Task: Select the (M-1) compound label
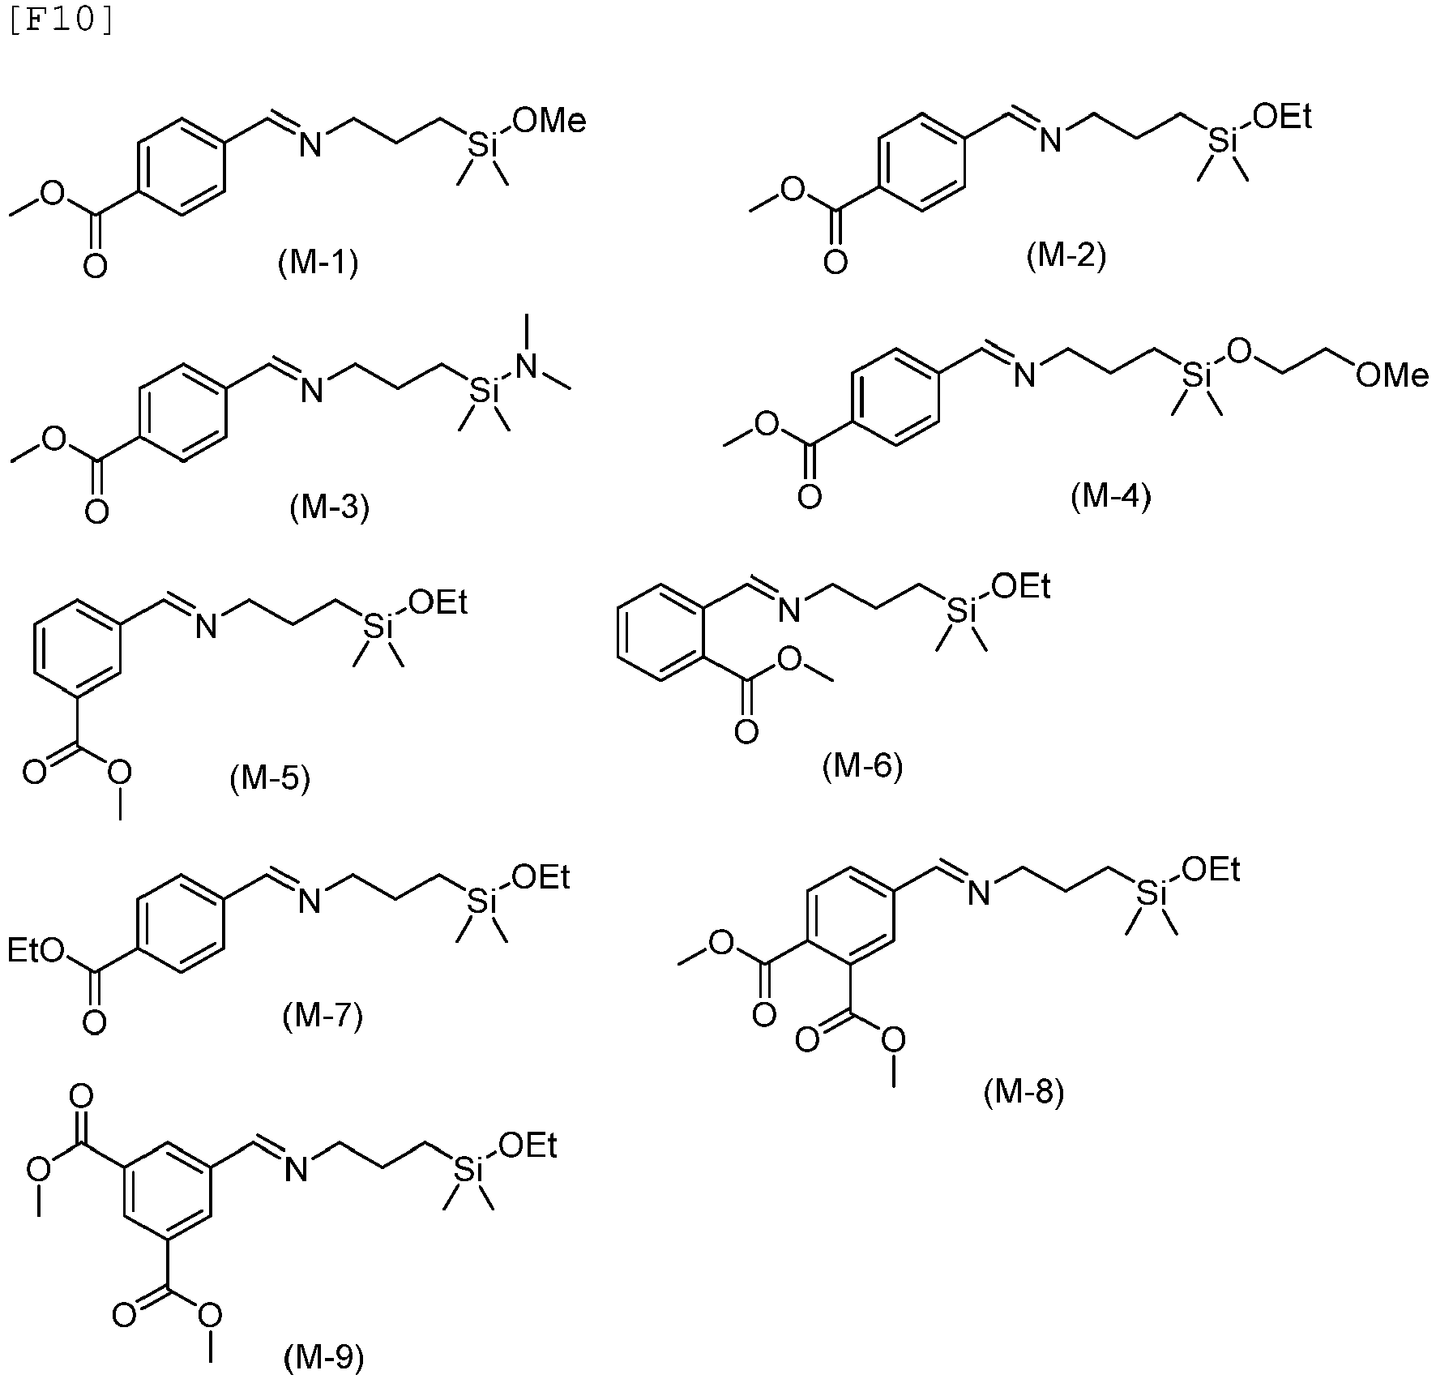(x=318, y=263)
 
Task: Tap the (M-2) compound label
(x=1066, y=256)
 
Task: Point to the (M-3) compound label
(x=329, y=507)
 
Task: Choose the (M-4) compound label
(x=1110, y=496)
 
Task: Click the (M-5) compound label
(x=270, y=779)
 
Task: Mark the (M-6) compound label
(x=862, y=766)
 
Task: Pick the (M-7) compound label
(x=323, y=1015)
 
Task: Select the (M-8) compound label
(x=1024, y=1093)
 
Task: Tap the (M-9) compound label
(x=323, y=1355)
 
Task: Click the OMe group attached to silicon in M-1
(x=549, y=122)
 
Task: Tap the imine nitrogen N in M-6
(x=789, y=609)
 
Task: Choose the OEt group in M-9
(x=528, y=1145)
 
